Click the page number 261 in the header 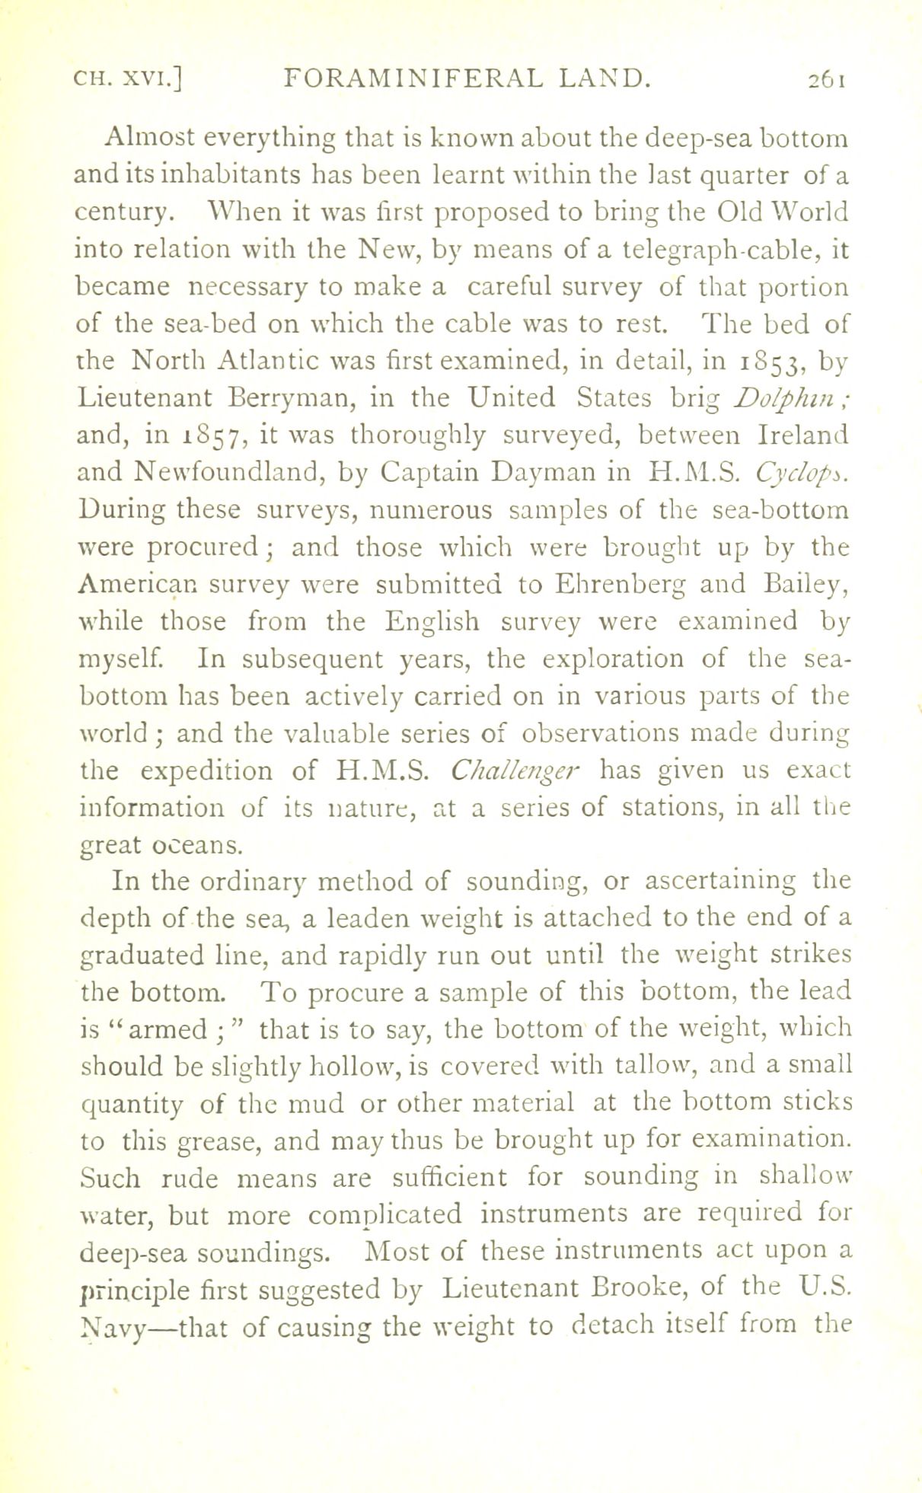click(824, 78)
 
